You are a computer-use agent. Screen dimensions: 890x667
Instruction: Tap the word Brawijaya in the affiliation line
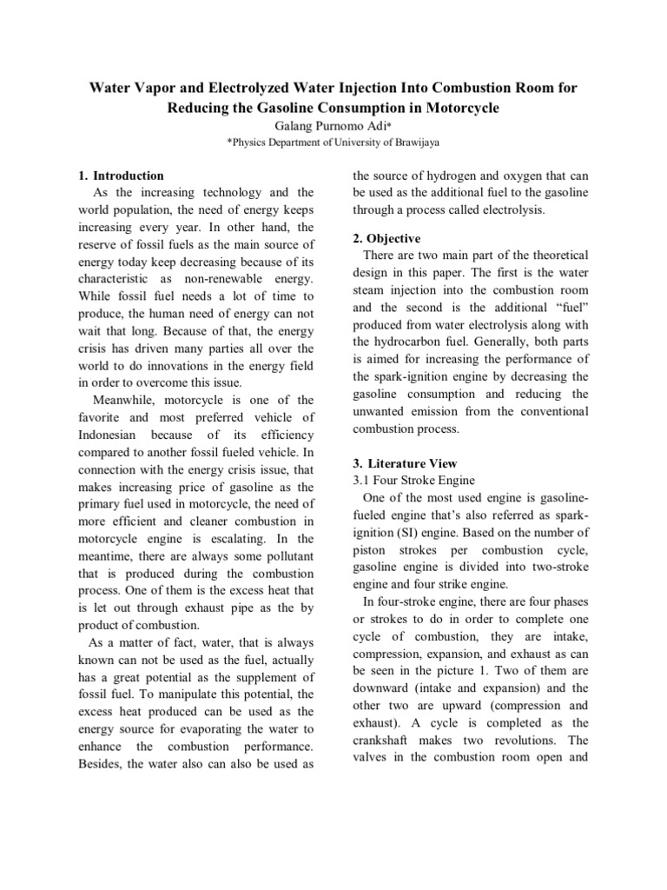414,143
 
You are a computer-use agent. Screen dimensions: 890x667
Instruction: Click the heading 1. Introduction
121,176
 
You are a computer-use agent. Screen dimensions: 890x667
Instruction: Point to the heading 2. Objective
386,238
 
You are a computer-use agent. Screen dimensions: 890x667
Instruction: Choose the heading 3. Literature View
405,463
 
